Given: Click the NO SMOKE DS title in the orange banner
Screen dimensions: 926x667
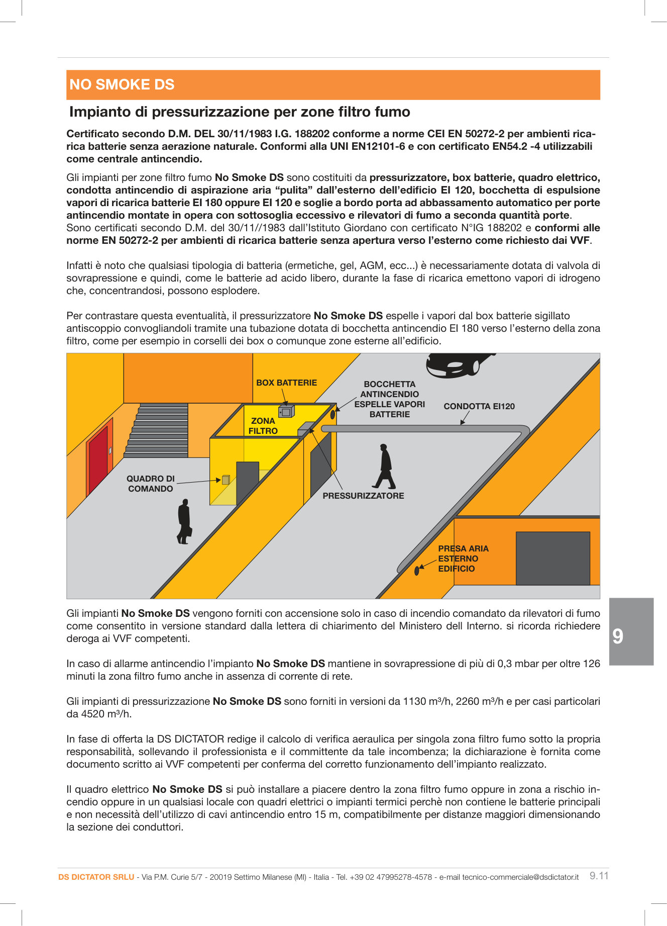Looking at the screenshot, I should pyautogui.click(x=122, y=84).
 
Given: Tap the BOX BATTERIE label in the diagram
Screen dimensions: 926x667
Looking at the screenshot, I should pyautogui.click(x=286, y=383).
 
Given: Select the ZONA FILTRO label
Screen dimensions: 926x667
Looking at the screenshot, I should pyautogui.click(x=263, y=426).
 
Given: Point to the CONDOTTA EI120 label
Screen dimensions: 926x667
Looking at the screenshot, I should pyautogui.click(x=479, y=406).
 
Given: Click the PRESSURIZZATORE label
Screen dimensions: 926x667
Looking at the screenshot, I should pyautogui.click(x=363, y=496).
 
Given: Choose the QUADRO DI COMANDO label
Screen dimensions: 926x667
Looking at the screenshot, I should pyautogui.click(x=150, y=484).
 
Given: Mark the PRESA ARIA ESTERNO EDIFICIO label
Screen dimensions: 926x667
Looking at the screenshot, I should pyautogui.click(x=463, y=559).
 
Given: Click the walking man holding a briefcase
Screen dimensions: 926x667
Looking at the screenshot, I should pyautogui.click(x=184, y=522).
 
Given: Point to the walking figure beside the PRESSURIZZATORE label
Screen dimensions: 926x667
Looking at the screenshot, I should pyautogui.click(x=385, y=467).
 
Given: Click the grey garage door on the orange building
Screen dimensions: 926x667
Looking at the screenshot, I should pyautogui.click(x=552, y=558).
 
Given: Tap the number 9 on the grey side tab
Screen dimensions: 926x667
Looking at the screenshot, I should pyautogui.click(x=618, y=636).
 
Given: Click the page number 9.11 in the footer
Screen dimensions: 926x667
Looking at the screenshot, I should pyautogui.click(x=599, y=876).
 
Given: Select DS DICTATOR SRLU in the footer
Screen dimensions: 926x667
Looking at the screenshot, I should pyautogui.click(x=96, y=877).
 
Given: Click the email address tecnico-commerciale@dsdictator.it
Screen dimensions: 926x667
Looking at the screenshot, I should pyautogui.click(x=520, y=877).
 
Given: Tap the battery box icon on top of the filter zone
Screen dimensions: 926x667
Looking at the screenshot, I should pyautogui.click(x=286, y=411).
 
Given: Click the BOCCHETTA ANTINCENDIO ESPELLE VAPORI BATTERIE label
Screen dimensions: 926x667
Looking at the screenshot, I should pyautogui.click(x=389, y=399).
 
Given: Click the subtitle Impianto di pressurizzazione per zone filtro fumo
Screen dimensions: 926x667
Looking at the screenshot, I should pyautogui.click(x=240, y=112).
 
